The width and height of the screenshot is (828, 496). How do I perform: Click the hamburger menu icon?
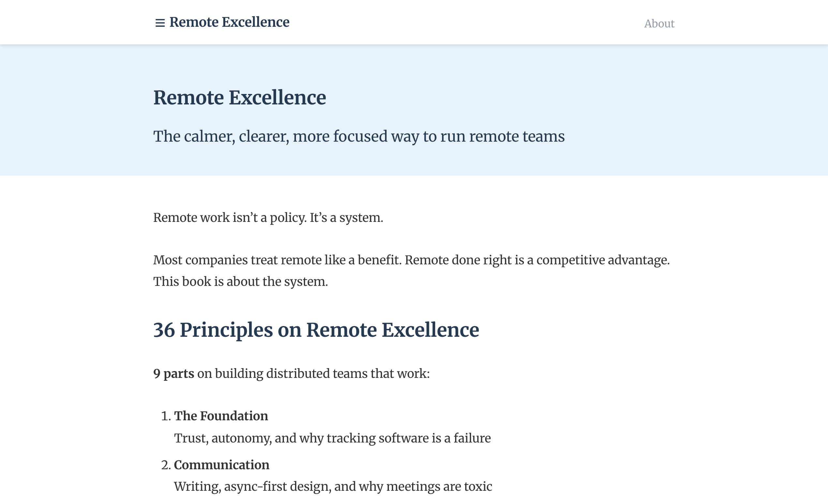[x=160, y=23]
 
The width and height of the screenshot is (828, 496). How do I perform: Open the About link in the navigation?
[x=659, y=24]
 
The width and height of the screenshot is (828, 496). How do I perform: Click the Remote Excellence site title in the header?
[x=229, y=23]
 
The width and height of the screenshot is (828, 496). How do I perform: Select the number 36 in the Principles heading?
[x=164, y=330]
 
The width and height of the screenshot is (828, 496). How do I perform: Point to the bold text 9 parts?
[x=174, y=373]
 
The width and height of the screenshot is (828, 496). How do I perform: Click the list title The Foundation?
[x=221, y=416]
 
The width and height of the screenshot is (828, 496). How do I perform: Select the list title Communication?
[x=221, y=465]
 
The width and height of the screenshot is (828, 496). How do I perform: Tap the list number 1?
[x=165, y=416]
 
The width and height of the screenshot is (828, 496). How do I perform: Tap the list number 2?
[x=165, y=465]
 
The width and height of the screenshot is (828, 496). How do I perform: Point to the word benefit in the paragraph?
[x=379, y=260]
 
